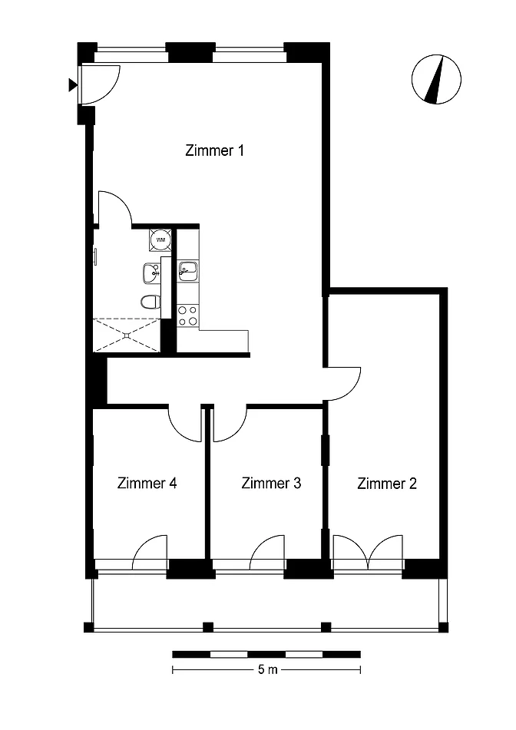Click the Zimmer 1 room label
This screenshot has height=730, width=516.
click(214, 150)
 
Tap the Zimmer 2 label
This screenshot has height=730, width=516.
click(386, 484)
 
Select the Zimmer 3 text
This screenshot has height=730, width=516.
click(271, 483)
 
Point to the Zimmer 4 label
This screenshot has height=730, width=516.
click(147, 483)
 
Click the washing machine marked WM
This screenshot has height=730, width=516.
click(160, 239)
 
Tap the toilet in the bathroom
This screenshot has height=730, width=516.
click(150, 302)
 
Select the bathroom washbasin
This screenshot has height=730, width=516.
click(151, 273)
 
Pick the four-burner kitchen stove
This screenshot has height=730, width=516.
click(187, 315)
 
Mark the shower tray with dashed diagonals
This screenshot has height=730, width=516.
click(127, 335)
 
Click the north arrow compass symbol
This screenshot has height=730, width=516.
click(436, 79)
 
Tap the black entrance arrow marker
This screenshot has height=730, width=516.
click(73, 84)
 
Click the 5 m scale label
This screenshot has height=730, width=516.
click(267, 669)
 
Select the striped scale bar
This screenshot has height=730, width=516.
click(266, 654)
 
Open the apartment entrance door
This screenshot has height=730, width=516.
click(99, 84)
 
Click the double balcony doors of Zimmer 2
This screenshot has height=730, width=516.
click(368, 553)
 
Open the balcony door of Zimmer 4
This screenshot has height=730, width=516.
click(150, 553)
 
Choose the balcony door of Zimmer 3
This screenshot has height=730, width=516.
click(267, 553)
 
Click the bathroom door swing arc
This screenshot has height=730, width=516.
click(115, 208)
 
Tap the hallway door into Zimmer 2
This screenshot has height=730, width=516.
click(343, 384)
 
